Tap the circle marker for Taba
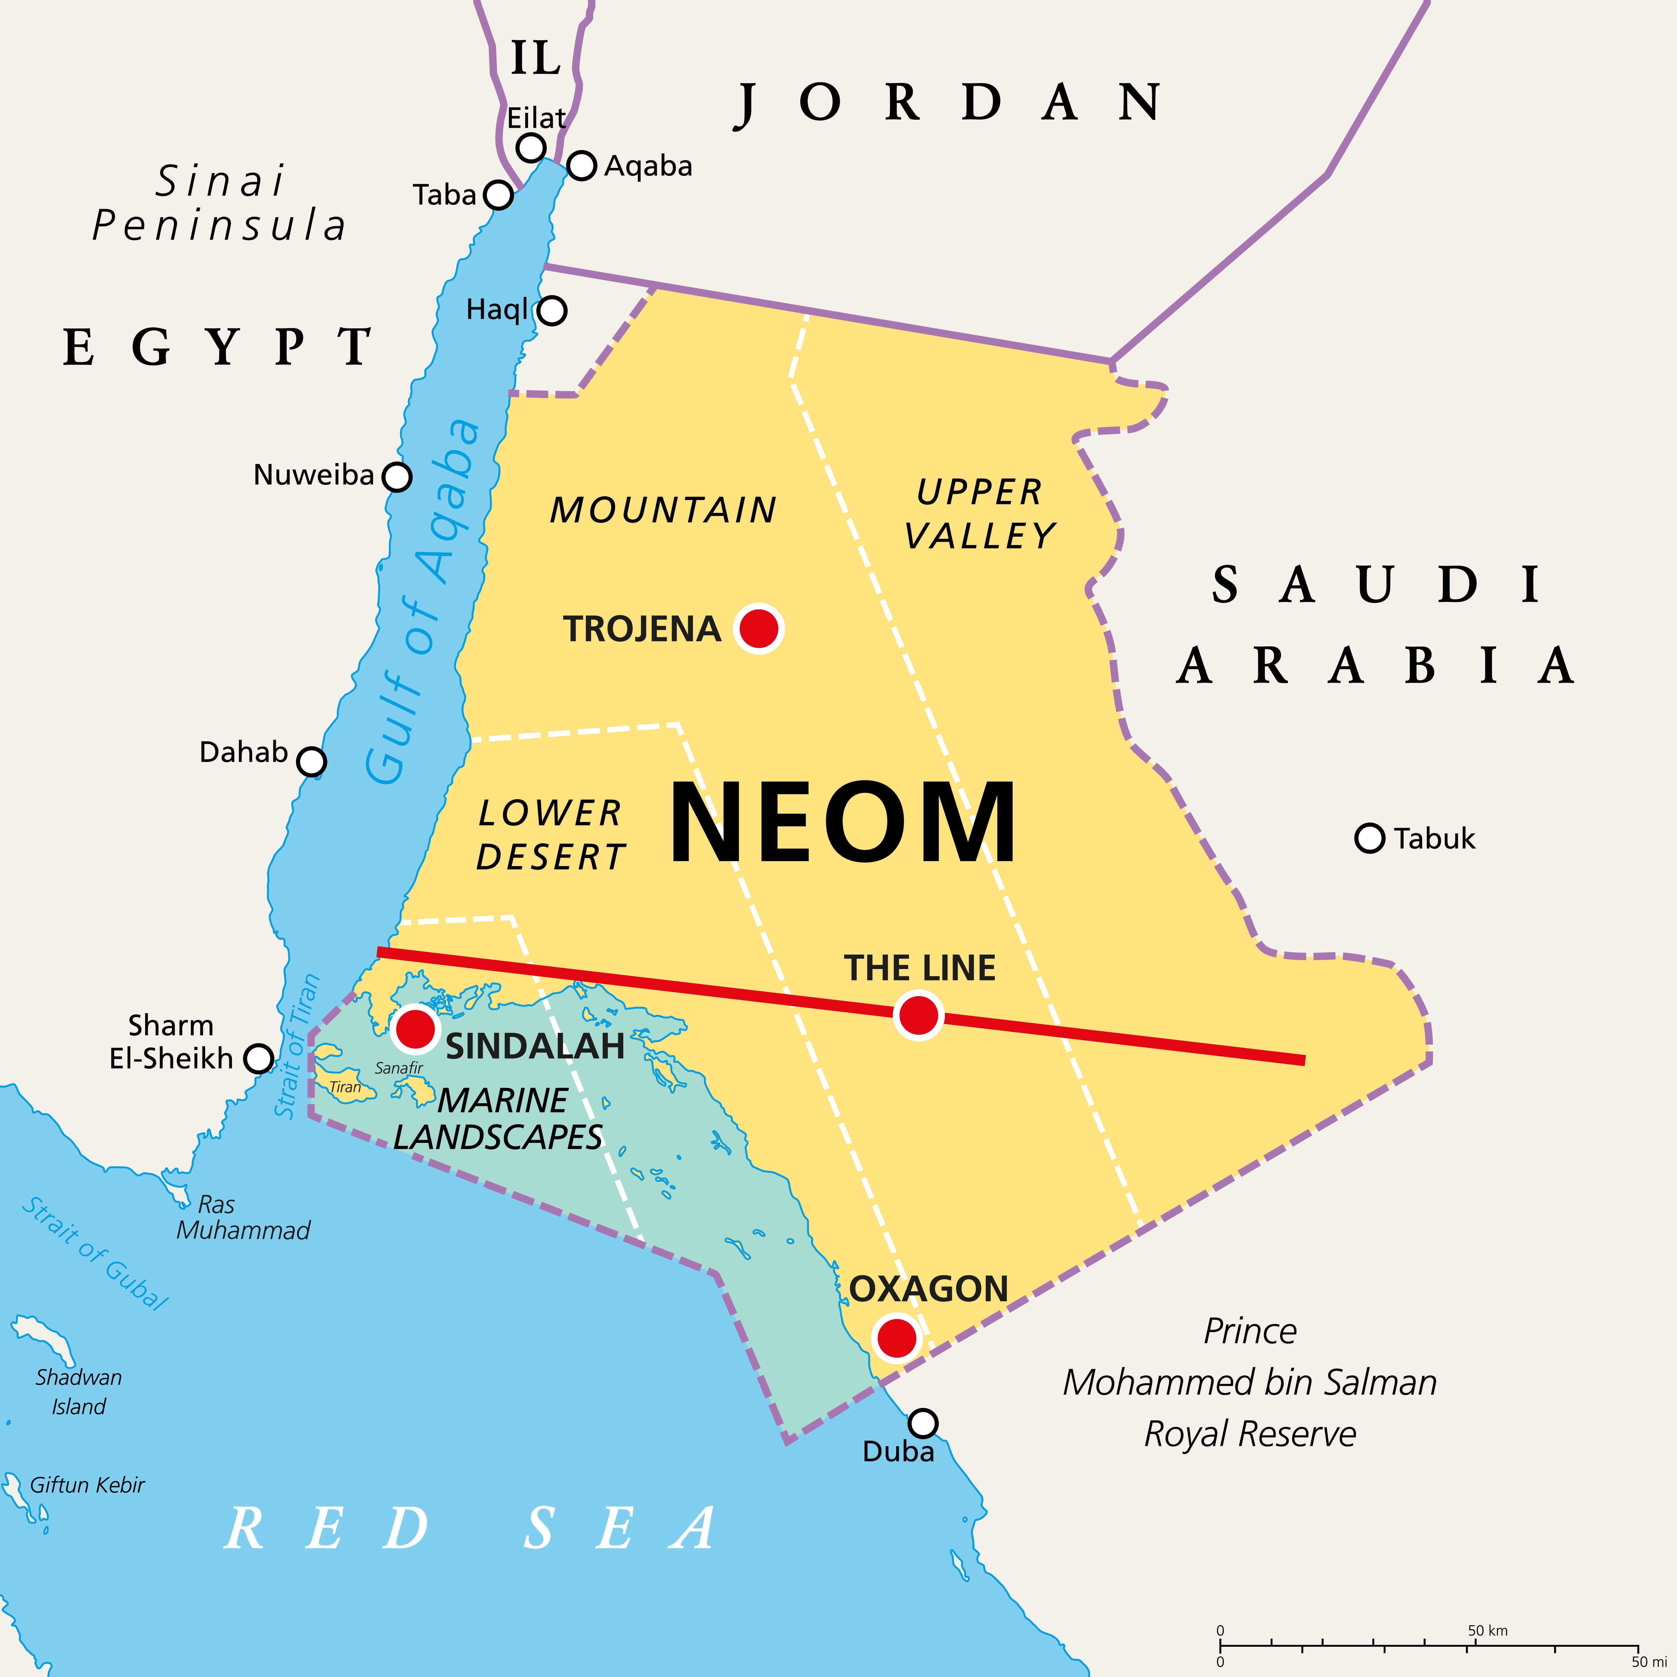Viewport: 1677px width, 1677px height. pos(498,195)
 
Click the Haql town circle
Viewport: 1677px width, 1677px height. pos(552,310)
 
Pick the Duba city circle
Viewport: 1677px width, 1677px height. pos(923,1423)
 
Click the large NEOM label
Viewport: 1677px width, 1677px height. pos(842,823)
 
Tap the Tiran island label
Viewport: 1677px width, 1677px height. pos(345,1087)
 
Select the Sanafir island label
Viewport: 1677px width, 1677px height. pos(399,1068)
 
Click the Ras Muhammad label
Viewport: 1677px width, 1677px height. pos(243,1217)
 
